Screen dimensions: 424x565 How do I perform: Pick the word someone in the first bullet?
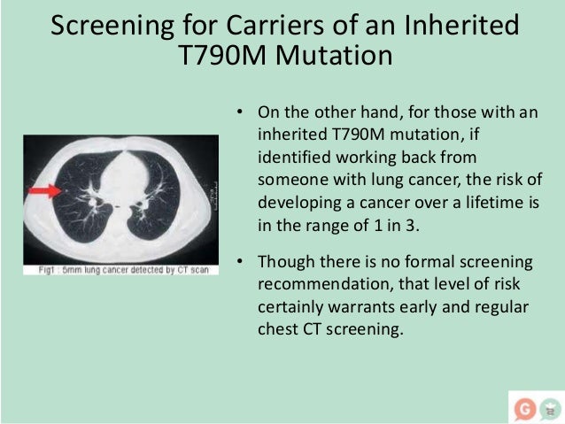289,180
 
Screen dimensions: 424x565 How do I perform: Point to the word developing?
295,201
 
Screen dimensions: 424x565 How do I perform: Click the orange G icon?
523,408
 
